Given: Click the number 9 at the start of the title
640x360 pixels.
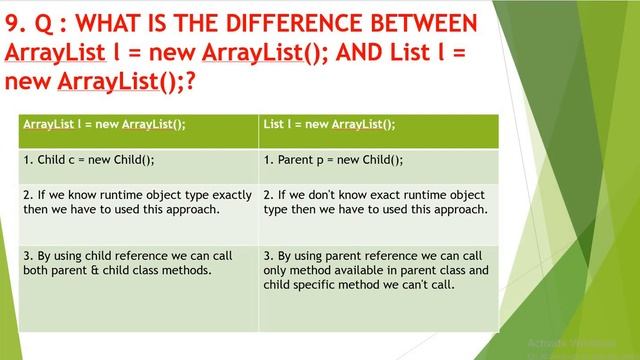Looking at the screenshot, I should coord(13,22).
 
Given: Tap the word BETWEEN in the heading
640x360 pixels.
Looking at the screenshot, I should coord(418,22).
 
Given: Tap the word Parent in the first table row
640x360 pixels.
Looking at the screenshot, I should coord(297,160).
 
